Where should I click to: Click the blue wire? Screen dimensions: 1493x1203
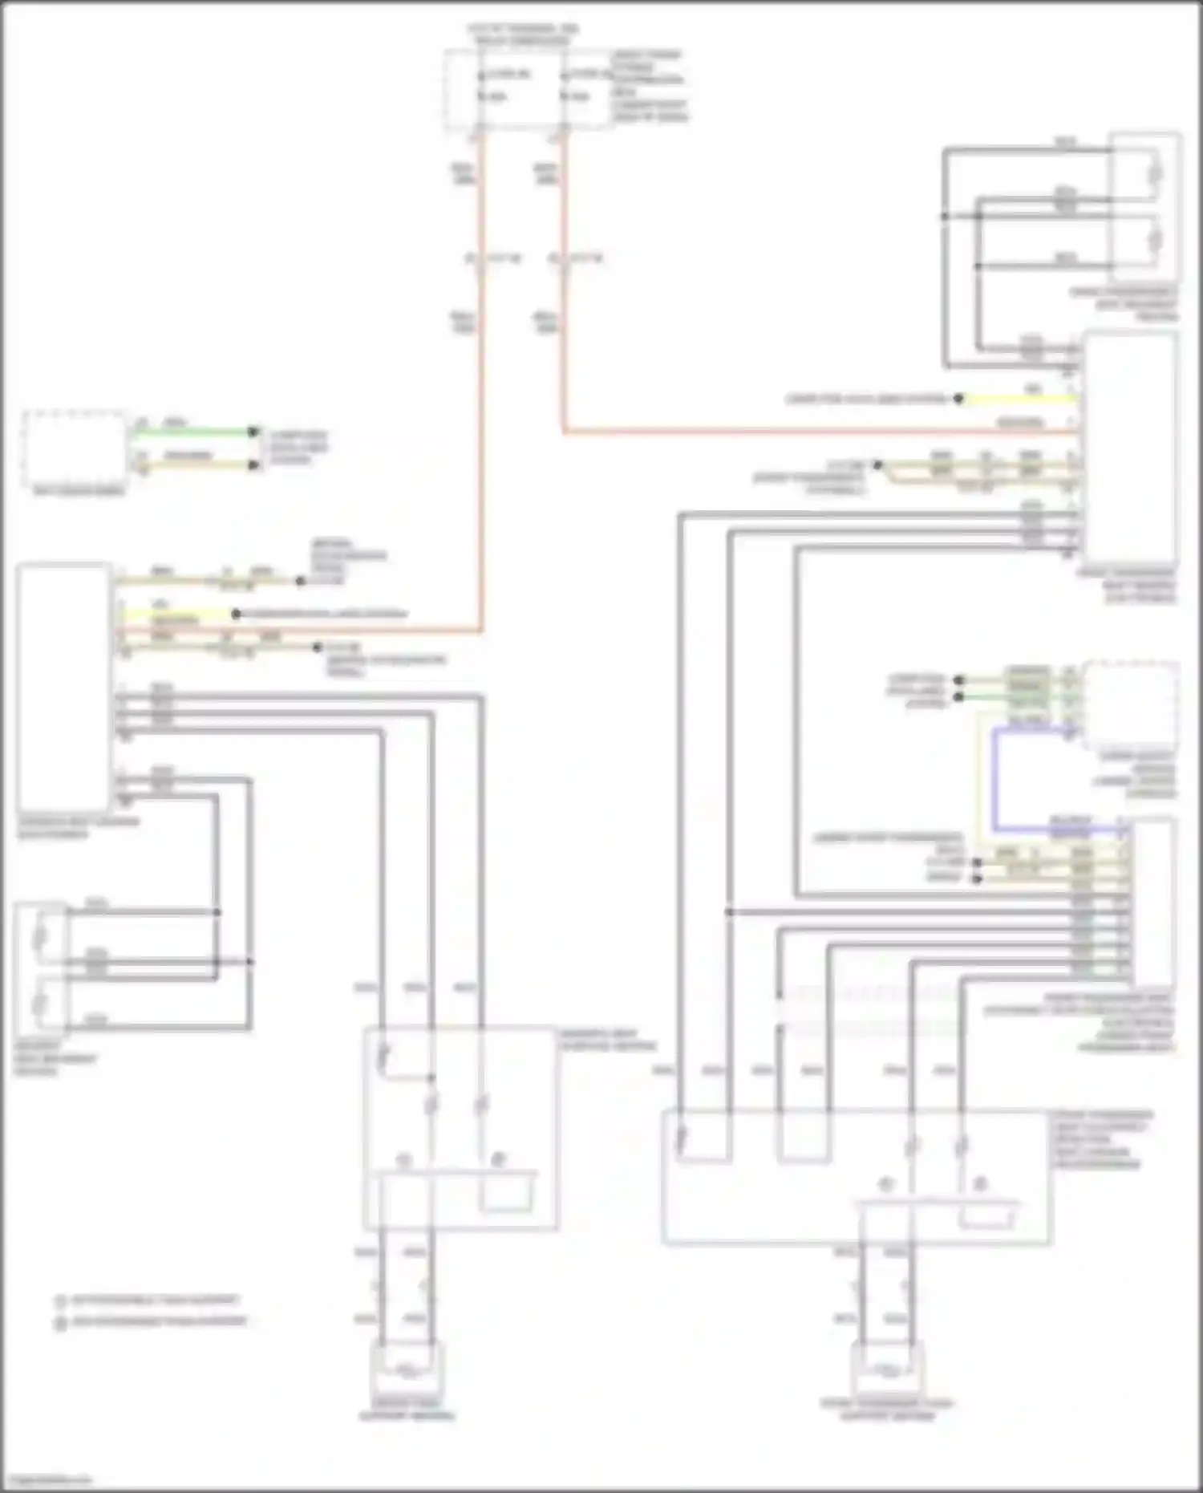click(994, 778)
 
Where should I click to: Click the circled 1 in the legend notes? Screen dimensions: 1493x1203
click(60, 1301)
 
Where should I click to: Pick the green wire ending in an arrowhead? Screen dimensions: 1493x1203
click(192, 432)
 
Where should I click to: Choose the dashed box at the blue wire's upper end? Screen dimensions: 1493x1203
click(1130, 705)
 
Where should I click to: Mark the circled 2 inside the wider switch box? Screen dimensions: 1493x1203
click(979, 1184)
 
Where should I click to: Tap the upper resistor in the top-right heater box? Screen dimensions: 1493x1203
click(1156, 173)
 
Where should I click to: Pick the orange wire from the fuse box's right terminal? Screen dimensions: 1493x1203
click(564, 321)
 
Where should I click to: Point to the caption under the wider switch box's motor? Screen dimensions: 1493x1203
click(886, 1410)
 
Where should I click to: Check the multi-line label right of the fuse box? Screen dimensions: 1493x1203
click(648, 87)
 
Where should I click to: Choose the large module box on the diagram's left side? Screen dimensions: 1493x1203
click(63, 687)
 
